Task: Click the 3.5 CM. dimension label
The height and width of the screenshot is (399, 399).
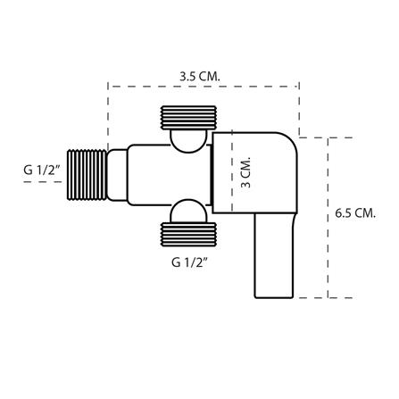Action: pos(201,76)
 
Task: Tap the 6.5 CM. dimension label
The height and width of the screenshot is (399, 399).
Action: pos(355,213)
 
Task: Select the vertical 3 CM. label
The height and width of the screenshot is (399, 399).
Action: pos(247,172)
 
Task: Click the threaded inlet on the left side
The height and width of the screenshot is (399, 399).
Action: pos(87,173)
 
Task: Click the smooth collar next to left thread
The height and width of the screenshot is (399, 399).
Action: pos(118,173)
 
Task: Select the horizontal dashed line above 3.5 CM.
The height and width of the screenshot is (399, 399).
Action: pos(204,87)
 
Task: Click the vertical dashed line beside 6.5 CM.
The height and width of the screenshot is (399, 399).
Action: pos(329,219)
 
